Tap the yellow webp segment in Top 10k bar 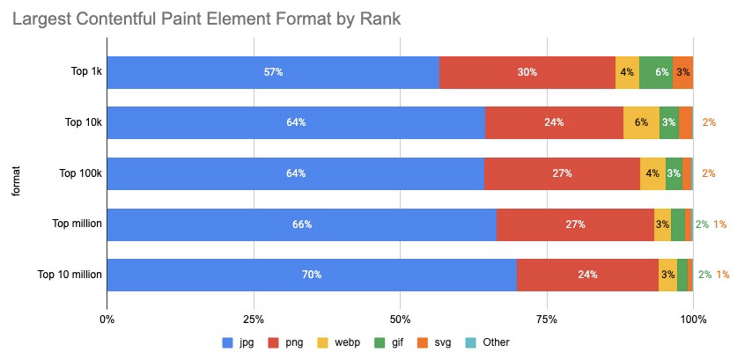coord(641,122)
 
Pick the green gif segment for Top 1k coord(656,72)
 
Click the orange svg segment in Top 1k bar coord(683,72)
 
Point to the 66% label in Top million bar coord(302,224)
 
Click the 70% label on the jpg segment coord(311,275)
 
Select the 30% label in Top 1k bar coord(527,72)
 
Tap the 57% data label coord(273,72)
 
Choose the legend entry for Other coord(488,342)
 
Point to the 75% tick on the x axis coord(547,318)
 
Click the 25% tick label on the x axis coord(254,318)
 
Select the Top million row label coord(77,224)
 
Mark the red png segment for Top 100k coord(562,173)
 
